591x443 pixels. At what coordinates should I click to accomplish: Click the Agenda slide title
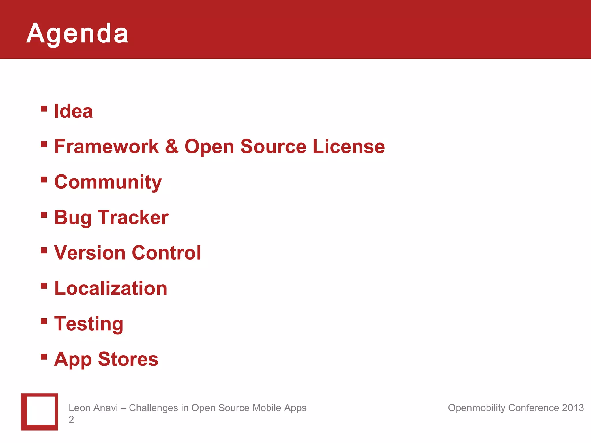coord(77,34)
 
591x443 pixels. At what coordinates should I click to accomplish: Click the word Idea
coord(74,111)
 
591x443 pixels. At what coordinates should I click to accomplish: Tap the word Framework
coord(106,147)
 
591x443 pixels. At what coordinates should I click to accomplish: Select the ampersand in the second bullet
coord(172,146)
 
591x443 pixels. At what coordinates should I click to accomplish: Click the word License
coord(349,147)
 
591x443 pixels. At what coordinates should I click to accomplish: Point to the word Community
coord(108,182)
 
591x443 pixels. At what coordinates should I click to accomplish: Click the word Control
coord(167,253)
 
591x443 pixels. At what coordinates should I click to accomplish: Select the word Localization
coord(111,288)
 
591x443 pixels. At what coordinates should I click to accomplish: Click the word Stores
coord(128,359)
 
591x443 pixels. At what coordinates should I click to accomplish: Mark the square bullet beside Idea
coord(44,109)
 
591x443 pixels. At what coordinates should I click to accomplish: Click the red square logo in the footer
coord(40,412)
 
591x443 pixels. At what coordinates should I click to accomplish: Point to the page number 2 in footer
coord(71,420)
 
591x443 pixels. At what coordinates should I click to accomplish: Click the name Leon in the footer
coord(78,408)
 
